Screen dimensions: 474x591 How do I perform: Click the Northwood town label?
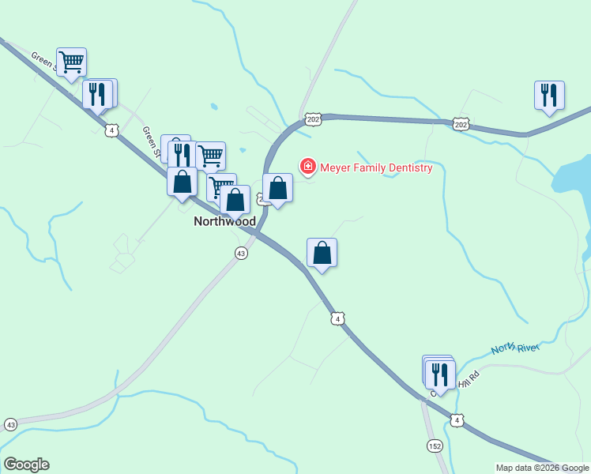pyautogui.click(x=224, y=222)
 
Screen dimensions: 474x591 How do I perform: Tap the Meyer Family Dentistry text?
pyautogui.click(x=376, y=167)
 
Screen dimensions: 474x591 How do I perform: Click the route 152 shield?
pyautogui.click(x=435, y=446)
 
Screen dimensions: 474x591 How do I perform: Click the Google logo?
pyautogui.click(x=26, y=465)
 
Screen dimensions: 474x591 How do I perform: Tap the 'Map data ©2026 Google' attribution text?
pyautogui.click(x=543, y=468)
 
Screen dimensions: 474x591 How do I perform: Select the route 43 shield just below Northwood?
pyautogui.click(x=241, y=253)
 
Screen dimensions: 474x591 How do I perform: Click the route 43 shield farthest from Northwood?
pyautogui.click(x=10, y=424)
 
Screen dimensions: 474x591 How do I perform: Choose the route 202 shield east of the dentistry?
pyautogui.click(x=461, y=124)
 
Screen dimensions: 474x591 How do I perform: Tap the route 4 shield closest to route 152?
pyautogui.click(x=457, y=420)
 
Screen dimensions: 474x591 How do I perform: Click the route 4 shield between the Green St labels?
pyautogui.click(x=113, y=130)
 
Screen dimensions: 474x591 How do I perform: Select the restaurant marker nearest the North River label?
pyautogui.click(x=440, y=374)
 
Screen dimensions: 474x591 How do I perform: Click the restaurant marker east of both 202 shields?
pyautogui.click(x=549, y=95)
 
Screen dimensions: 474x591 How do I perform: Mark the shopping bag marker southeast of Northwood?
pyautogui.click(x=322, y=254)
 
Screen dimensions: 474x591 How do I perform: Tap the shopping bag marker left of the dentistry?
pyautogui.click(x=277, y=189)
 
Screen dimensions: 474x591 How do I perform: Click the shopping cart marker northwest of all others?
pyautogui.click(x=71, y=62)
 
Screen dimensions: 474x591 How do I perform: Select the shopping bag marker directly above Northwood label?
pyautogui.click(x=235, y=200)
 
